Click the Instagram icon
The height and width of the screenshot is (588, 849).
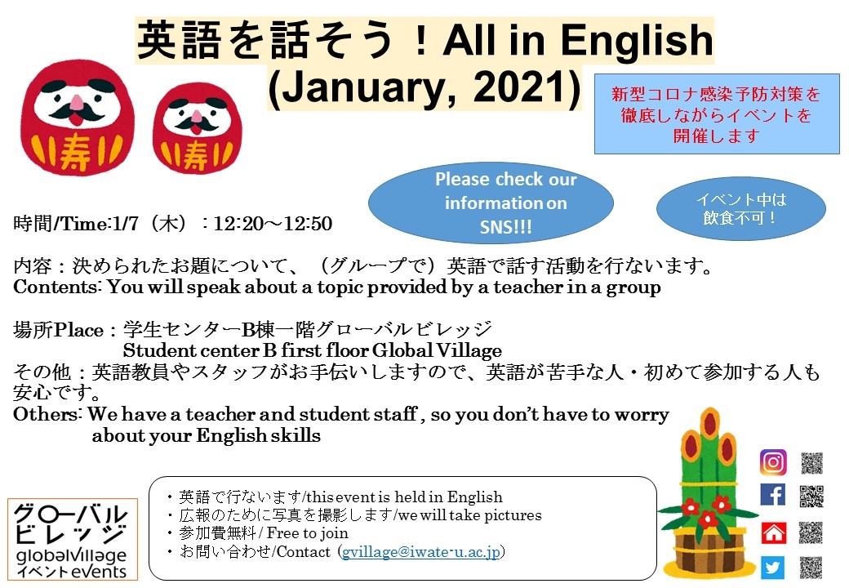pyautogui.click(x=772, y=462)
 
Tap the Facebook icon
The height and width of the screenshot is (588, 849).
pyautogui.click(x=772, y=495)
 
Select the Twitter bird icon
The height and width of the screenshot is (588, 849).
pyautogui.click(x=772, y=567)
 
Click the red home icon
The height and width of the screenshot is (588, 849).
pyautogui.click(x=773, y=532)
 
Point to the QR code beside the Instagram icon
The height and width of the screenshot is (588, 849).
pyautogui.click(x=811, y=463)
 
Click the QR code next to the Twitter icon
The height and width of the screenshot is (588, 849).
pyautogui.click(x=811, y=567)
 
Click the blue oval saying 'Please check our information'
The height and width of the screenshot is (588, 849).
pyautogui.click(x=491, y=203)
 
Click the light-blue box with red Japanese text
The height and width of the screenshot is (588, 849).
pyautogui.click(x=716, y=115)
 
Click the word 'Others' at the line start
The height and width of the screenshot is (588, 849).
pyautogui.click(x=45, y=415)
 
